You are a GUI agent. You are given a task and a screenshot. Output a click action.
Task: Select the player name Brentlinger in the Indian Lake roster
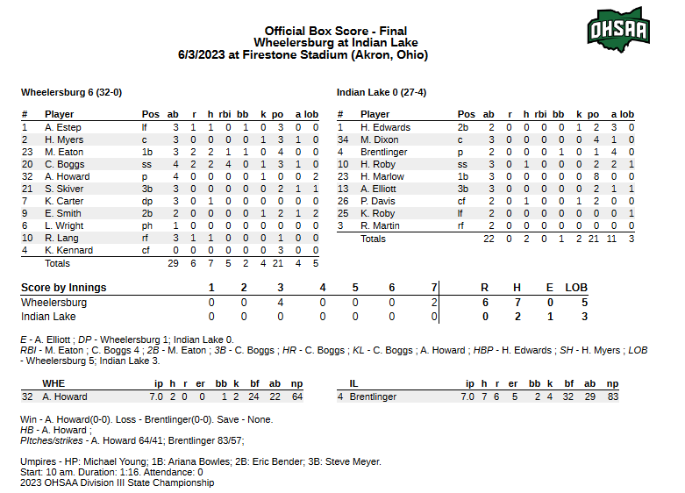coord(384,152)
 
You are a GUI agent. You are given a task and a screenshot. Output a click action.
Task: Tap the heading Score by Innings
coord(64,288)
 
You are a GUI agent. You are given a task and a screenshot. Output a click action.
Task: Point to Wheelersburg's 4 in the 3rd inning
coord(281,302)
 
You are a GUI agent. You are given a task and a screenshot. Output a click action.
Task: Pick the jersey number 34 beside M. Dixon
coord(344,139)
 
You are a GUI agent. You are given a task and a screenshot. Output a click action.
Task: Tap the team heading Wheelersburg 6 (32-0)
coord(71,92)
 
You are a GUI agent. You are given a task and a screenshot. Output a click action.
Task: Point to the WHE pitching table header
coord(54,383)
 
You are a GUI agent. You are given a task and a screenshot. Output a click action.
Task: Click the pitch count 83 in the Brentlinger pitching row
coord(612,397)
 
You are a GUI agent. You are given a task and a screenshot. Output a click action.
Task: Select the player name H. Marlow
coord(382,176)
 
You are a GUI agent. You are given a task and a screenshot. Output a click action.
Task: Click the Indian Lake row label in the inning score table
coord(48,316)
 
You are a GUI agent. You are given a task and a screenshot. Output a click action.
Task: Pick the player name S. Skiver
coord(64,189)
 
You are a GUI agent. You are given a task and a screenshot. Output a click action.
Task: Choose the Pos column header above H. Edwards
coord(467,114)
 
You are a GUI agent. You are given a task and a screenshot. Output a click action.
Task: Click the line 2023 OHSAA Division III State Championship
coord(117,482)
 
